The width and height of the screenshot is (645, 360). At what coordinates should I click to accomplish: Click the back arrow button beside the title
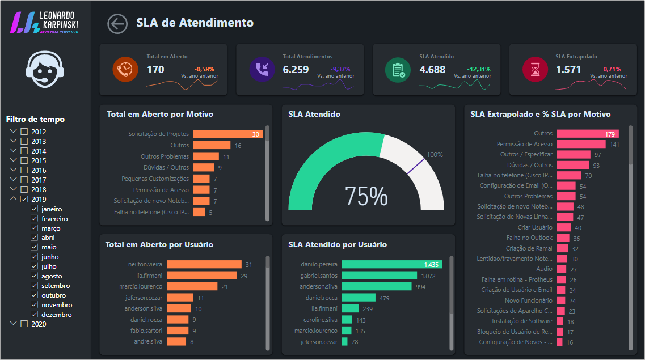117,24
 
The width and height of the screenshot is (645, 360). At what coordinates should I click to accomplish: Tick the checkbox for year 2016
24,170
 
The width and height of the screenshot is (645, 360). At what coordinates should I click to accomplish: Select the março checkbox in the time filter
34,228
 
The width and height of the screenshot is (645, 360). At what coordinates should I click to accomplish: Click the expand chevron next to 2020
14,324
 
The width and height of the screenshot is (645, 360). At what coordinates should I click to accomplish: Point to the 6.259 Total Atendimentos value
296,70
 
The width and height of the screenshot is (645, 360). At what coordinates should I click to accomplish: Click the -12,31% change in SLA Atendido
479,69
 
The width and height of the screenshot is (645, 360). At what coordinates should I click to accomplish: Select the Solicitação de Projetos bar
227,134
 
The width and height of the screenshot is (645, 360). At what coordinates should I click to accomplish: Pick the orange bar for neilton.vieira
204,264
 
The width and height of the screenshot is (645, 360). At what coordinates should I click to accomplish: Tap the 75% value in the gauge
366,196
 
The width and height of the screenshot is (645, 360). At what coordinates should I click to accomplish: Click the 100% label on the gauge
435,155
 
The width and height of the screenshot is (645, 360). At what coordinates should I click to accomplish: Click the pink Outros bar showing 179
587,134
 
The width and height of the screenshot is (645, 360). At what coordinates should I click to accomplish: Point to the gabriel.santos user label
319,276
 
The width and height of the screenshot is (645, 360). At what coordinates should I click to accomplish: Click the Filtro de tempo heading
35,119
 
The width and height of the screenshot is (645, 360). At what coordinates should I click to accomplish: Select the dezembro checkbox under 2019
34,315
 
